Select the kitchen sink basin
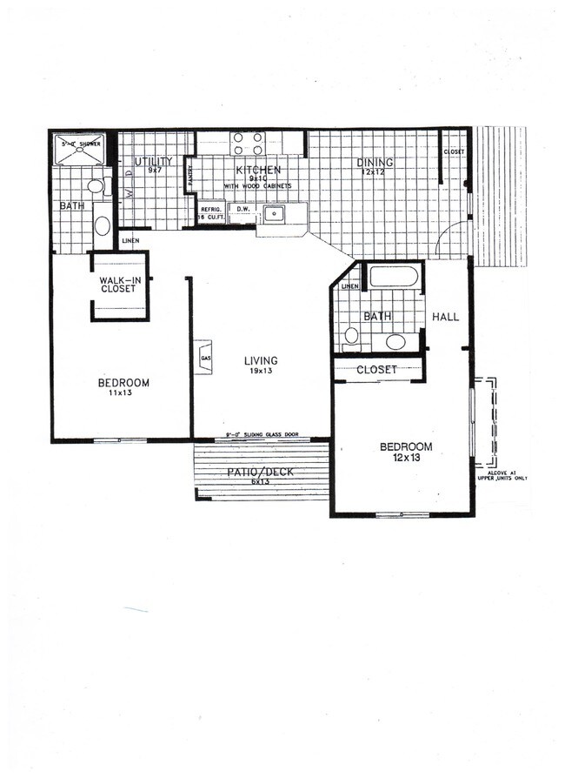coord(276,212)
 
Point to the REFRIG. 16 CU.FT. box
coord(209,213)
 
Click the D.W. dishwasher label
coord(243,209)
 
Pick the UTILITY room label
coord(153,162)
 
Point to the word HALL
coord(445,317)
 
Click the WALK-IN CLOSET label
coord(118,284)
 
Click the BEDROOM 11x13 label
coord(123,387)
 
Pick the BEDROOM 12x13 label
coord(406,453)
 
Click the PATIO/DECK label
coord(260,475)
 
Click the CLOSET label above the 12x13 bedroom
coord(377,370)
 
